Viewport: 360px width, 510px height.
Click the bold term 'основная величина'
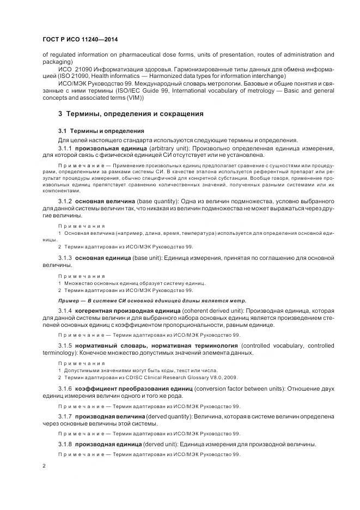point(105,202)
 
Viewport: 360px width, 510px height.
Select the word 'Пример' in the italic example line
point(69,300)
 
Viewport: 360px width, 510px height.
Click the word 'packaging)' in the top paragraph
point(56,62)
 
